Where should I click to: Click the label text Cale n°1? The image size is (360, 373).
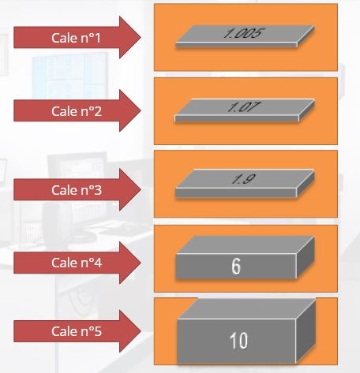(76, 38)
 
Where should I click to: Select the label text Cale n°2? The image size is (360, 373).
(77, 111)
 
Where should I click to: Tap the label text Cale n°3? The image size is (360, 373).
(77, 190)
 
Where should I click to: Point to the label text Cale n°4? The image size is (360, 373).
(77, 263)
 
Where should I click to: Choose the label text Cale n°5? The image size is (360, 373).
(77, 331)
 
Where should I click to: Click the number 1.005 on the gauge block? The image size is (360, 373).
(243, 33)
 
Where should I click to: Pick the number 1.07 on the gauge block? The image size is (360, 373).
(243, 107)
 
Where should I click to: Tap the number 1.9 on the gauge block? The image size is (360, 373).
(243, 179)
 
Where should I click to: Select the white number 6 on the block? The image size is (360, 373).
(236, 267)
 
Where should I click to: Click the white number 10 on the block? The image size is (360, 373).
(238, 341)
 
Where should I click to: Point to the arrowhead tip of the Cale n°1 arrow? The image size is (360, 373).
(141, 37)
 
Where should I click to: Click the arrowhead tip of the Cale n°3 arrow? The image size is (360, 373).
(141, 189)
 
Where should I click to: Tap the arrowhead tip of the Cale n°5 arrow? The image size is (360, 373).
(141, 331)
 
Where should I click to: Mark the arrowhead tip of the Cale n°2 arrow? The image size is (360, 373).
(141, 110)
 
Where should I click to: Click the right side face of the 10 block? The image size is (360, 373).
(306, 332)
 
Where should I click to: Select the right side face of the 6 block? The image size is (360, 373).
(306, 258)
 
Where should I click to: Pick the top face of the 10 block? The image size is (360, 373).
(246, 309)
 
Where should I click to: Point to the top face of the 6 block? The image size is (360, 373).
(246, 245)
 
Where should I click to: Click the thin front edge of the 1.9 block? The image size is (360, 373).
(236, 192)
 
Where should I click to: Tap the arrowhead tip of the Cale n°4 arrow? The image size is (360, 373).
(141, 263)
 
